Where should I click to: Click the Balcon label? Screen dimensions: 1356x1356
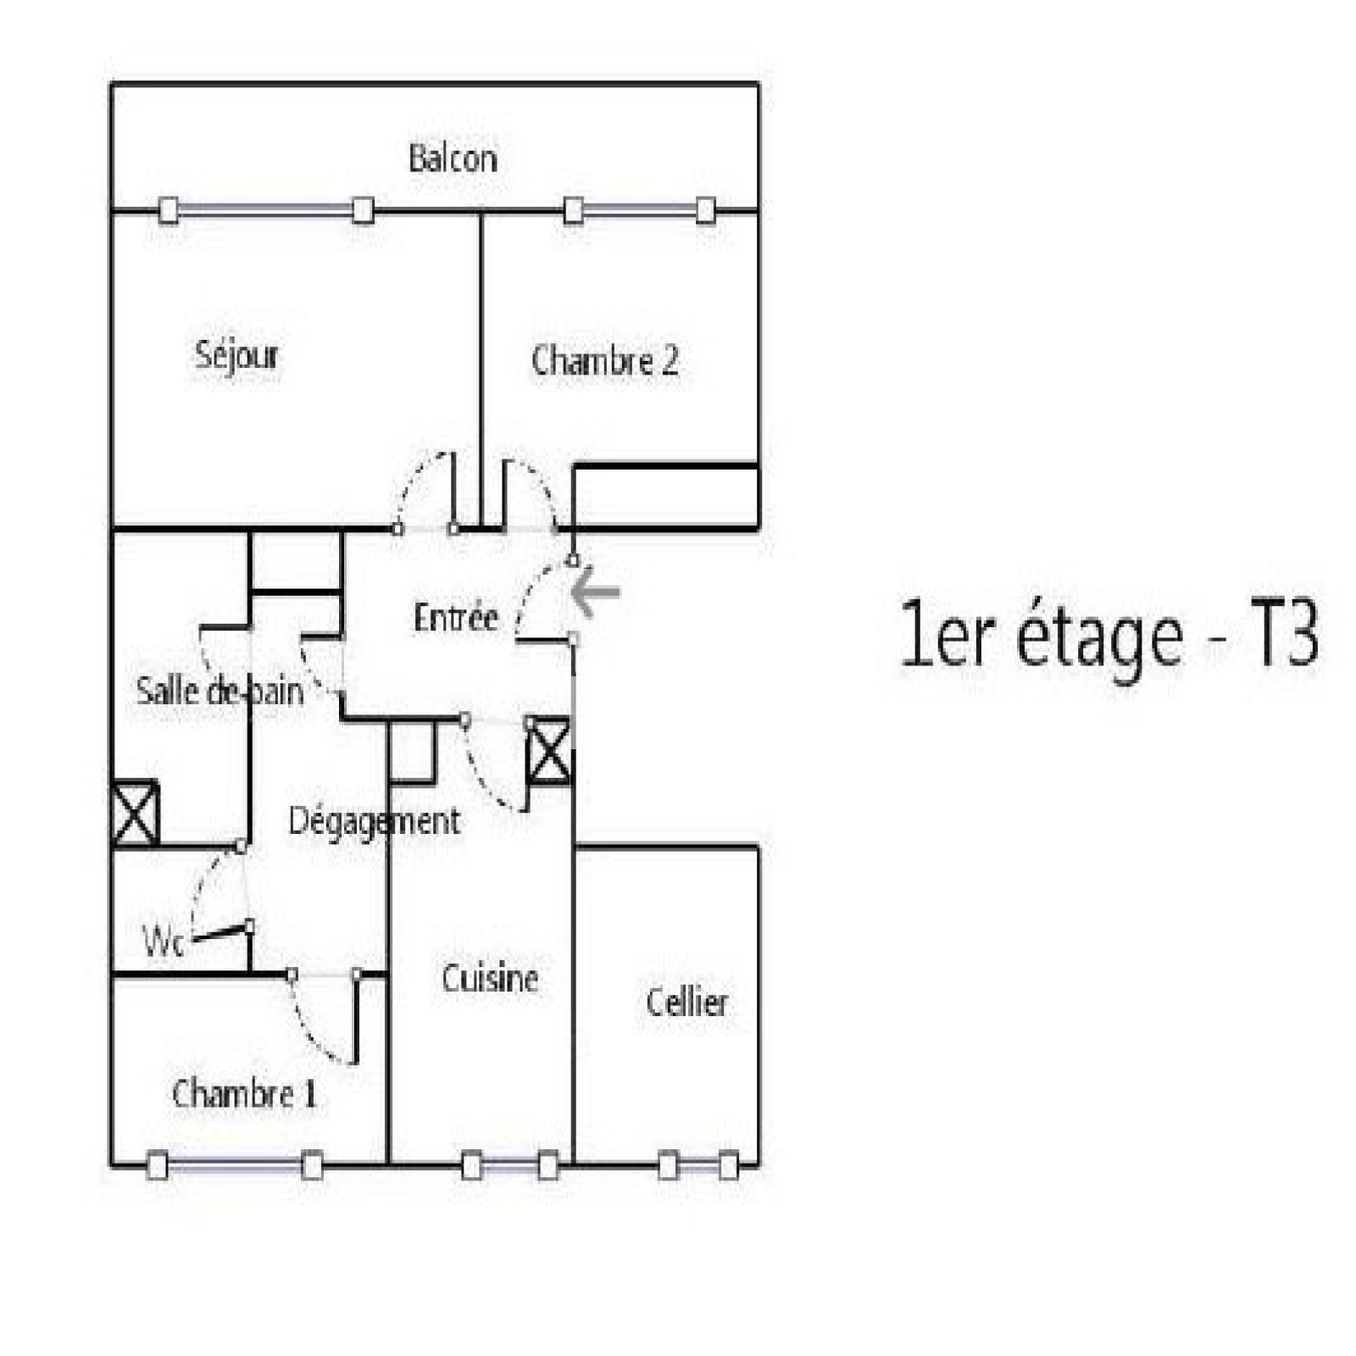coord(453,158)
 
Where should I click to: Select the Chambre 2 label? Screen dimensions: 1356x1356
coord(604,361)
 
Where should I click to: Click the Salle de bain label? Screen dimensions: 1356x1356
coord(220,691)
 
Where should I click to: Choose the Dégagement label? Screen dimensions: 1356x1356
coord(375,822)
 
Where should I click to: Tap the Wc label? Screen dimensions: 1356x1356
coord(163,942)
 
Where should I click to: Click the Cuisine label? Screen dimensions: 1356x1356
coord(490,979)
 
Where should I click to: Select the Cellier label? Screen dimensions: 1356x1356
coord(686,1003)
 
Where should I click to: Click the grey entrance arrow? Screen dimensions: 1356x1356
coord(596,591)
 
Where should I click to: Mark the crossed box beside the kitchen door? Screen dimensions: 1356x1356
coord(549,751)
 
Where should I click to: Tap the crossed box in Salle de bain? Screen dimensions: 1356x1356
coord(136,814)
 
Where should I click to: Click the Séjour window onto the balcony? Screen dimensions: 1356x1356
coord(266,209)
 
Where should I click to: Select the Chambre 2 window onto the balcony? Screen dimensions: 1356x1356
coord(640,210)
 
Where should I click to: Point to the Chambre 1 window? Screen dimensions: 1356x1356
coord(235,1166)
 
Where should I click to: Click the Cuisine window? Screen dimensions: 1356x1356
coord(510,1166)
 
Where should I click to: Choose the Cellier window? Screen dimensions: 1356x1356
coord(698,1166)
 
